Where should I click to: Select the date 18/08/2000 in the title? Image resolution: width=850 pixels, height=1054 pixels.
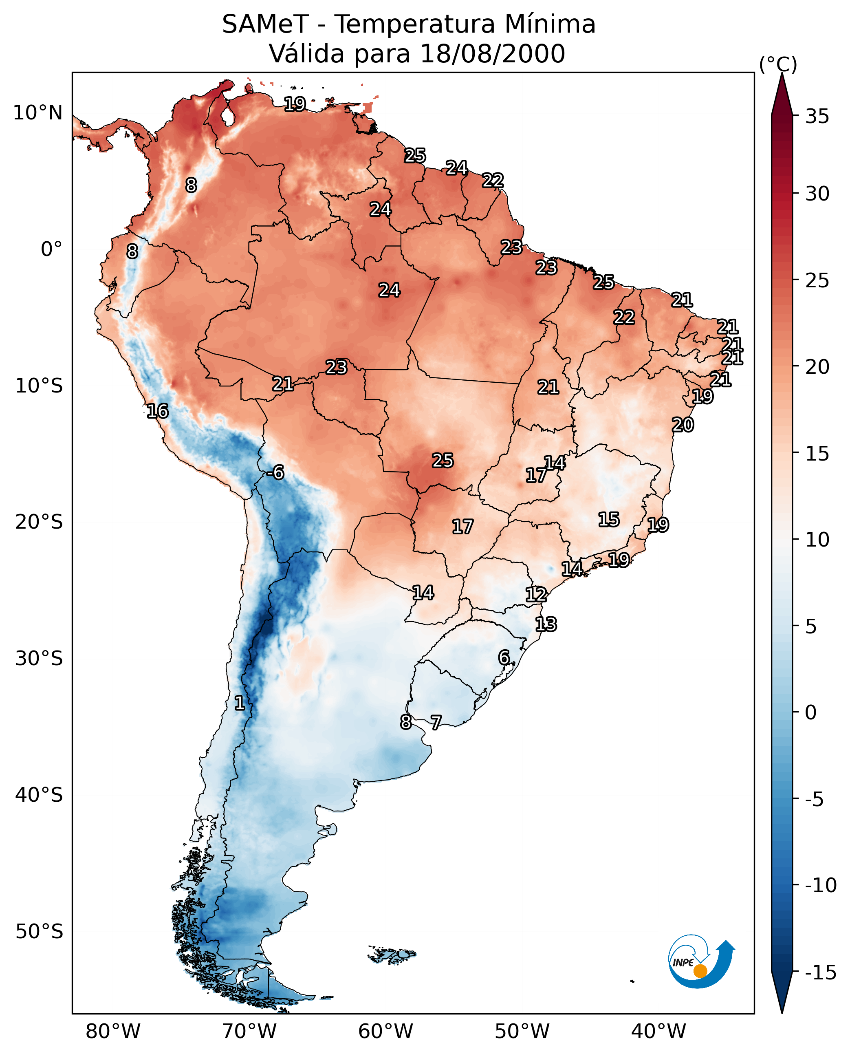493,54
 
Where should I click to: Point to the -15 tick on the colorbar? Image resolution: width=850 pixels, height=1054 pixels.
820,972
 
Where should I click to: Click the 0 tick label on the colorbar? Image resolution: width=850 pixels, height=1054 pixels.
811,712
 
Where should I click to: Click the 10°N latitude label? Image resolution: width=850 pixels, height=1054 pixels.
38,113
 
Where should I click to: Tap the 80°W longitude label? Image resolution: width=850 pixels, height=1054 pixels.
113,1031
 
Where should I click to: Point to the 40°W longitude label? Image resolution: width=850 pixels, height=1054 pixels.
658,1031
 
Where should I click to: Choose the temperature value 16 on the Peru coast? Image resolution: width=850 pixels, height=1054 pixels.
158,411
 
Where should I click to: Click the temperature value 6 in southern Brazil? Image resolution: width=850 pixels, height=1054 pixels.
504,657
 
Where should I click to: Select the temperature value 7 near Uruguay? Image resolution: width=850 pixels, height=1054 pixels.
436,722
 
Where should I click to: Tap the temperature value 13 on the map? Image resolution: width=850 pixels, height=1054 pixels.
546,624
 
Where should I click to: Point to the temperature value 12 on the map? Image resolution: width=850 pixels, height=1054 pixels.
536,595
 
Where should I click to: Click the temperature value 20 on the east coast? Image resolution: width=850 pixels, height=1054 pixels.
683,425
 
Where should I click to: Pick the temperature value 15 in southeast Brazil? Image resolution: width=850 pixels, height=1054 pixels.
609,520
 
